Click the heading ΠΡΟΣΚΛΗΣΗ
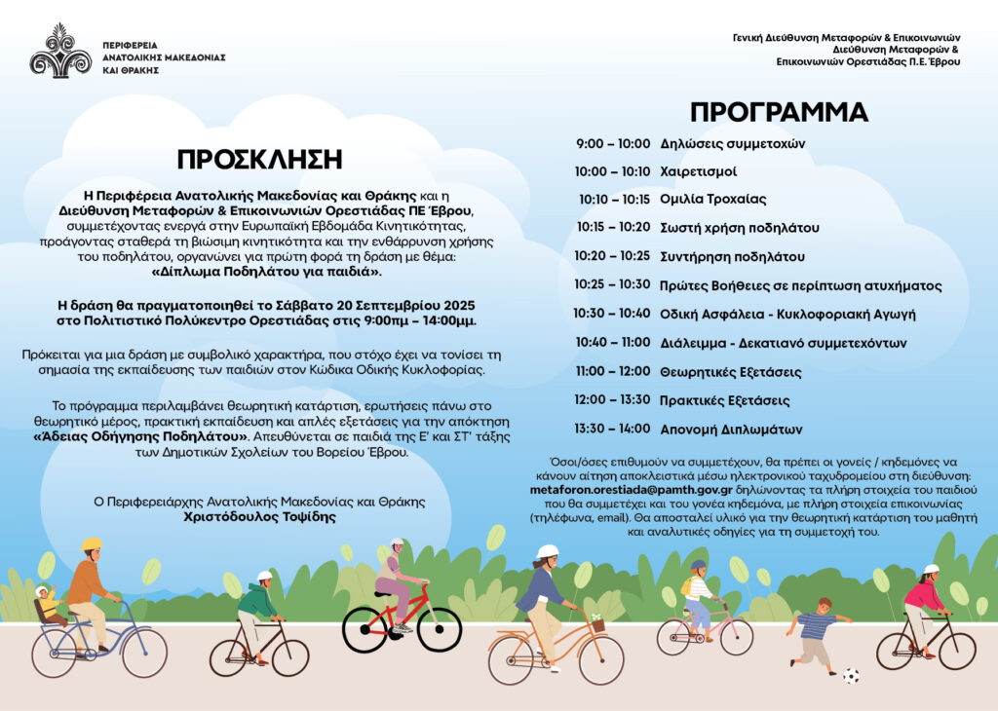(259, 160)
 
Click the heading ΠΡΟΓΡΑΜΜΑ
(779, 112)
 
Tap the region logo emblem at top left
(60, 52)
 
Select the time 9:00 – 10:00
(612, 143)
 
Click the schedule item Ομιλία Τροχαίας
(712, 200)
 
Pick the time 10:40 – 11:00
(612, 343)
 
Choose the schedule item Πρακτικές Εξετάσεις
(724, 400)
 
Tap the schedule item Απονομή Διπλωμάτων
(731, 429)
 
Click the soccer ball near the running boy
(851, 674)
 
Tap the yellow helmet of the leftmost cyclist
(92, 543)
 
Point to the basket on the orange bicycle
(595, 624)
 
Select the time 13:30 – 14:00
(612, 429)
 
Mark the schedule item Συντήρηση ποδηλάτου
(732, 257)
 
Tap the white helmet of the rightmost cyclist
(930, 570)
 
